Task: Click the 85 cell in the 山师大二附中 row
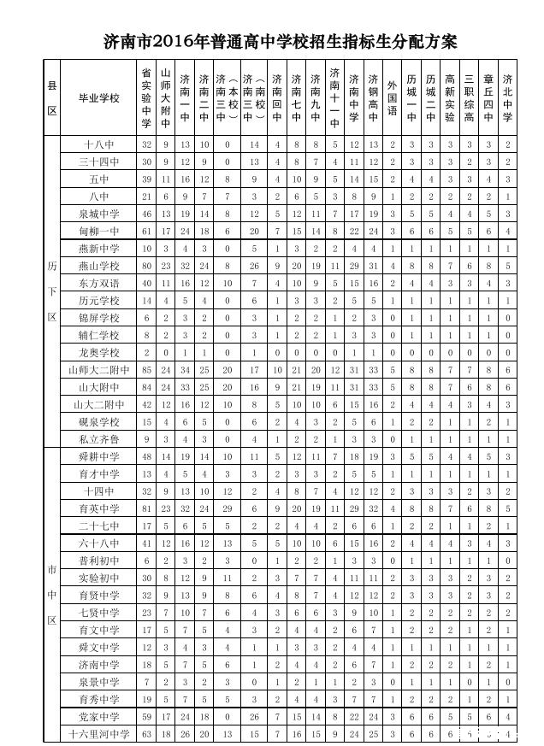coord(146,370)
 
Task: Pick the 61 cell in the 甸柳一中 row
coord(146,231)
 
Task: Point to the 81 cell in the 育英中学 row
coord(146,508)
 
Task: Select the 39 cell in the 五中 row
coord(146,179)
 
